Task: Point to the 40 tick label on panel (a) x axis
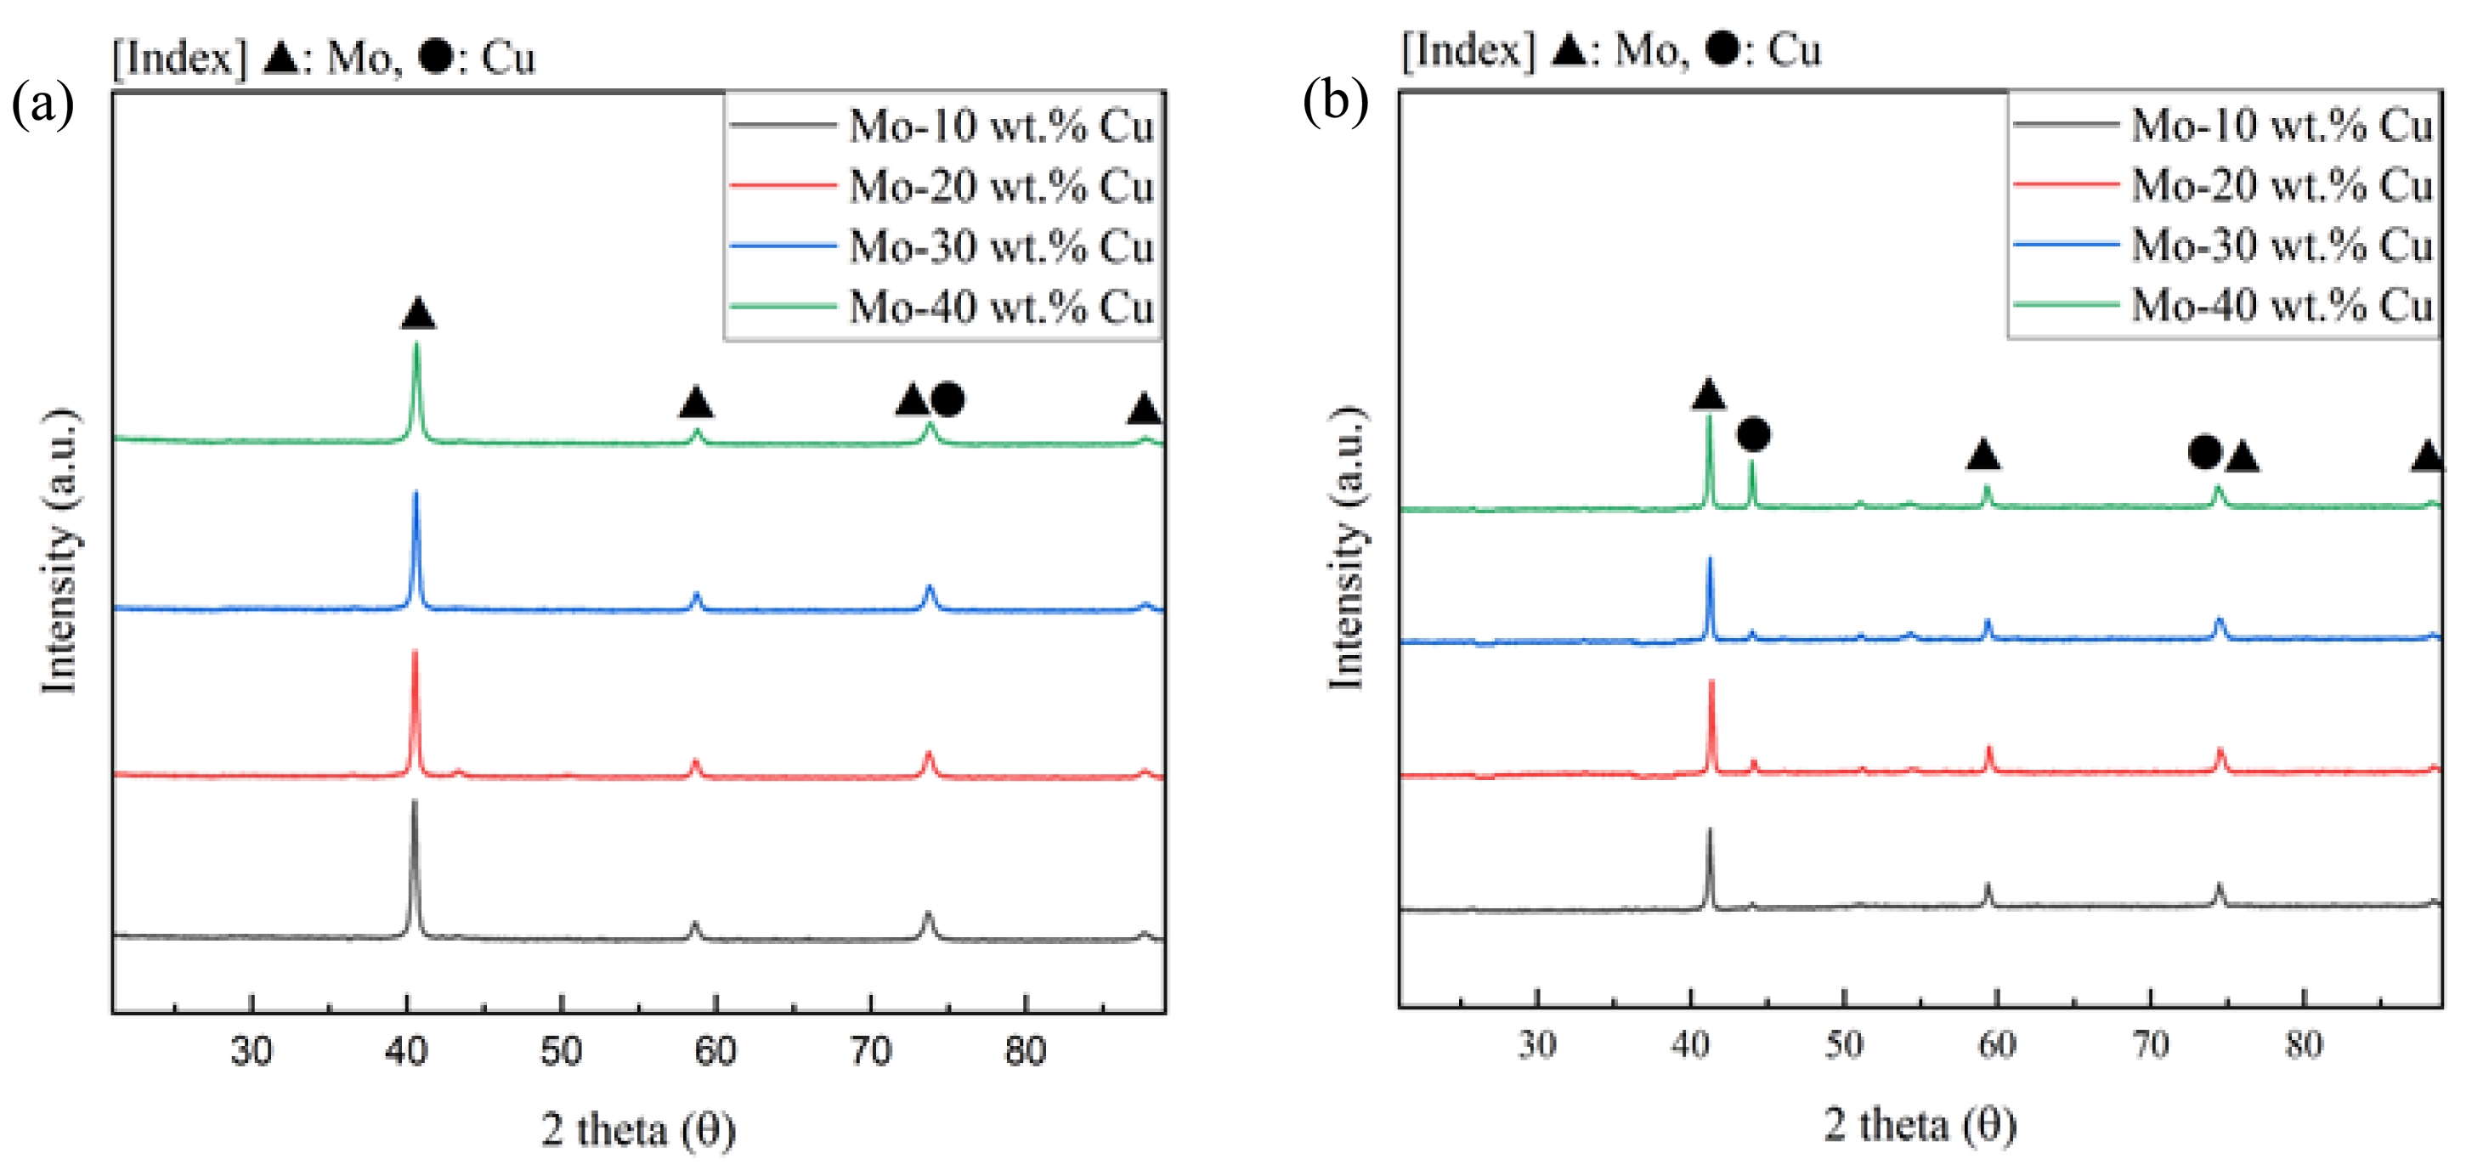(406, 1051)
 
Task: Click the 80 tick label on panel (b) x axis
(2303, 1043)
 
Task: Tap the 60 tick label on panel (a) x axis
(715, 1051)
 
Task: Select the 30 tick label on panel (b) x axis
(1536, 1043)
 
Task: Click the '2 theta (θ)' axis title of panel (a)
(638, 1130)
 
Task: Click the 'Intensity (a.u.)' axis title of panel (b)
(1346, 548)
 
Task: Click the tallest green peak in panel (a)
(416, 347)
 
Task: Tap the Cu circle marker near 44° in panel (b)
(1753, 435)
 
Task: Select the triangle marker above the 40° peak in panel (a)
(418, 313)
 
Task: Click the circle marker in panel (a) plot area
(947, 399)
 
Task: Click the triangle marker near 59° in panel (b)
(1982, 454)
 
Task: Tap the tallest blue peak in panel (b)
(1710, 561)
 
